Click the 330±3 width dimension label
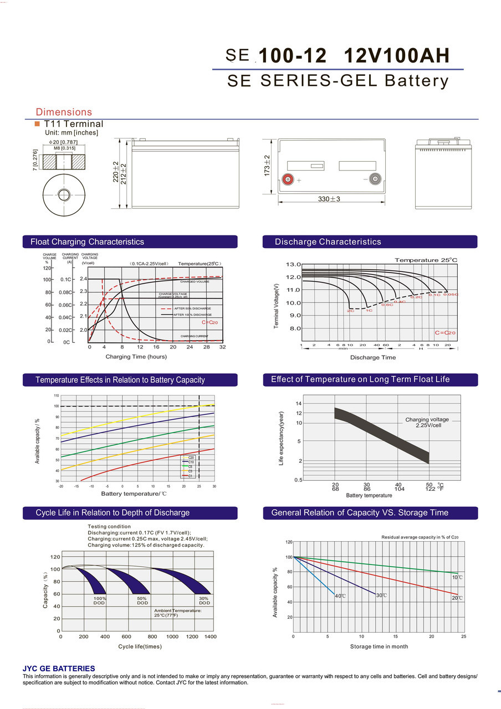pos(329,199)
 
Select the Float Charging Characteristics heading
pos(87,242)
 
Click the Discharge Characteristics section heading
pos(328,242)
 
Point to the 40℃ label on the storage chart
pos(340,596)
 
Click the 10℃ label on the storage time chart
pos(457,578)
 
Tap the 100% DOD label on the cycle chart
pos(100,600)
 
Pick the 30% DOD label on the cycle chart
pos(204,600)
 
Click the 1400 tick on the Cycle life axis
pos(210,637)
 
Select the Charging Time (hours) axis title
pos(136,357)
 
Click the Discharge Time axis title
pos(373,358)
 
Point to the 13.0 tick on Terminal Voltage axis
pos(294,264)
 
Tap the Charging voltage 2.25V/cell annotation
pos(427,422)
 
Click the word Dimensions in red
pos(64,112)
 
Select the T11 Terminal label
pos(73,124)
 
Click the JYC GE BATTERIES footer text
pos(59,669)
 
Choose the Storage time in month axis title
pos(379,646)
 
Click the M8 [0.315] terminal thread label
pos(64,148)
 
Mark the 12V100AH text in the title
pos(396,56)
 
